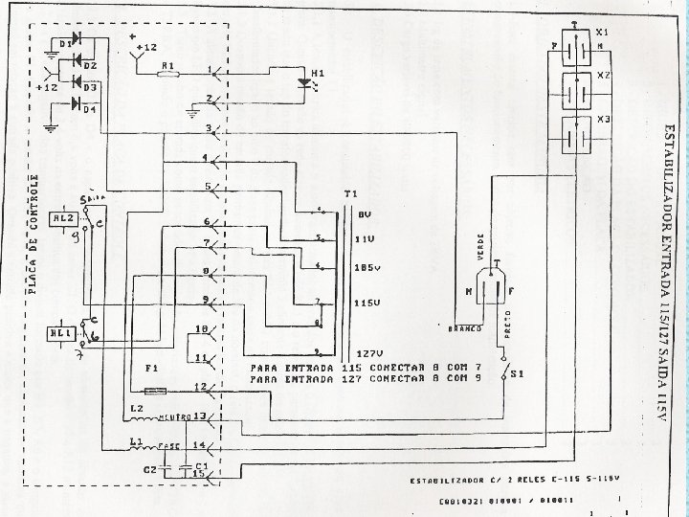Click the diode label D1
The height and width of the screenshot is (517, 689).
click(66, 44)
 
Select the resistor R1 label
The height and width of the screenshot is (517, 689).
click(168, 64)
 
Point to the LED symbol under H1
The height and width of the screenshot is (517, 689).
click(306, 83)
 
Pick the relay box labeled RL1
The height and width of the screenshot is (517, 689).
click(58, 332)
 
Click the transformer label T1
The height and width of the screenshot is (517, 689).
click(350, 194)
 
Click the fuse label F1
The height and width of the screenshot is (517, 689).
click(150, 369)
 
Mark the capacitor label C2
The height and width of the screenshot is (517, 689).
click(150, 469)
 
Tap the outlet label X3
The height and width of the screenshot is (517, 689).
click(603, 120)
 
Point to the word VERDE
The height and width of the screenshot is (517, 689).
click(480, 247)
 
